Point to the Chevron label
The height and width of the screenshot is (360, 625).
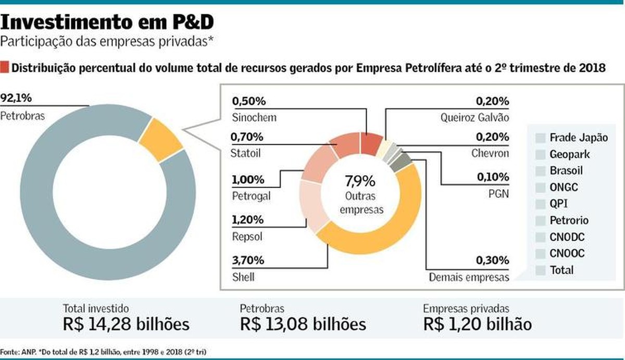(x=490, y=154)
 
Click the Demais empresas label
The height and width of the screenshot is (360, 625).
(x=469, y=277)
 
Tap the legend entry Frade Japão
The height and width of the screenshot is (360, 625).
(x=578, y=138)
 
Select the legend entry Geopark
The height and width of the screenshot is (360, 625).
(x=570, y=154)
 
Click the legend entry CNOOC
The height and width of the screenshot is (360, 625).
(x=567, y=254)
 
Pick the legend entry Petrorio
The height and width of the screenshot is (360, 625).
(x=570, y=220)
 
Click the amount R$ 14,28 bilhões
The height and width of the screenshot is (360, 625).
(x=126, y=324)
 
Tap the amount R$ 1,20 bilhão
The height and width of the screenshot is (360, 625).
(x=478, y=324)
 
